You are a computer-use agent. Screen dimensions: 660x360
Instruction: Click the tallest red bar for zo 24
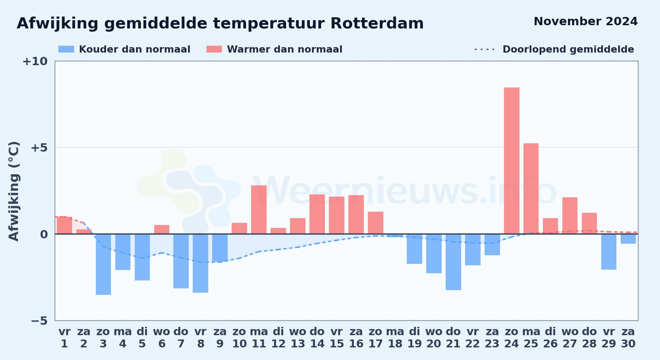(512, 161)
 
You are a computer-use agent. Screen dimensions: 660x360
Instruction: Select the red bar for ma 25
(531, 189)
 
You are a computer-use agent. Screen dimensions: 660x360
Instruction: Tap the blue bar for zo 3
(103, 264)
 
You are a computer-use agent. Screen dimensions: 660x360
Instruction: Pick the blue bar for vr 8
(200, 263)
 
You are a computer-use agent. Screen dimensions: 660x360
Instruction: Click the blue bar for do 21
(453, 262)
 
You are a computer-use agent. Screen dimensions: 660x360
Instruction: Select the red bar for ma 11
(259, 210)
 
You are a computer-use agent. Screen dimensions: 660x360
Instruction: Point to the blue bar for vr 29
(609, 252)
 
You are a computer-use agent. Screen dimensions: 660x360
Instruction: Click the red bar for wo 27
(570, 216)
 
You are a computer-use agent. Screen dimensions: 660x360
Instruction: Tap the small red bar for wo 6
(162, 229)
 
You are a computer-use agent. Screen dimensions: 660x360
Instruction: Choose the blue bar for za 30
(628, 239)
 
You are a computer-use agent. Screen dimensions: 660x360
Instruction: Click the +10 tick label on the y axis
(35, 61)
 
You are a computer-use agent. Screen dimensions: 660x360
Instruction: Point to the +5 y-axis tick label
(39, 148)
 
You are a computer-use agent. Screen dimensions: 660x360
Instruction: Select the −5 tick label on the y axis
(39, 321)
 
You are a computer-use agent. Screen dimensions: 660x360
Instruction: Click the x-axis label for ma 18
(395, 338)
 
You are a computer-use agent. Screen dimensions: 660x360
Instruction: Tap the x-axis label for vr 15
(337, 338)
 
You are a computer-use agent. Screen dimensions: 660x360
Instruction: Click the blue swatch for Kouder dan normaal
(66, 49)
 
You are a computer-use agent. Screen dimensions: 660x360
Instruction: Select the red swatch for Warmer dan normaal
(214, 49)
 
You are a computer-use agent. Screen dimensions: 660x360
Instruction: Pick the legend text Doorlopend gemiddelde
(568, 49)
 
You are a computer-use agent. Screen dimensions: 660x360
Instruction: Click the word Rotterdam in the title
(377, 23)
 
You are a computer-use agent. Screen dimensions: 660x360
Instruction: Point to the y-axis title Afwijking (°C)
(14, 191)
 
